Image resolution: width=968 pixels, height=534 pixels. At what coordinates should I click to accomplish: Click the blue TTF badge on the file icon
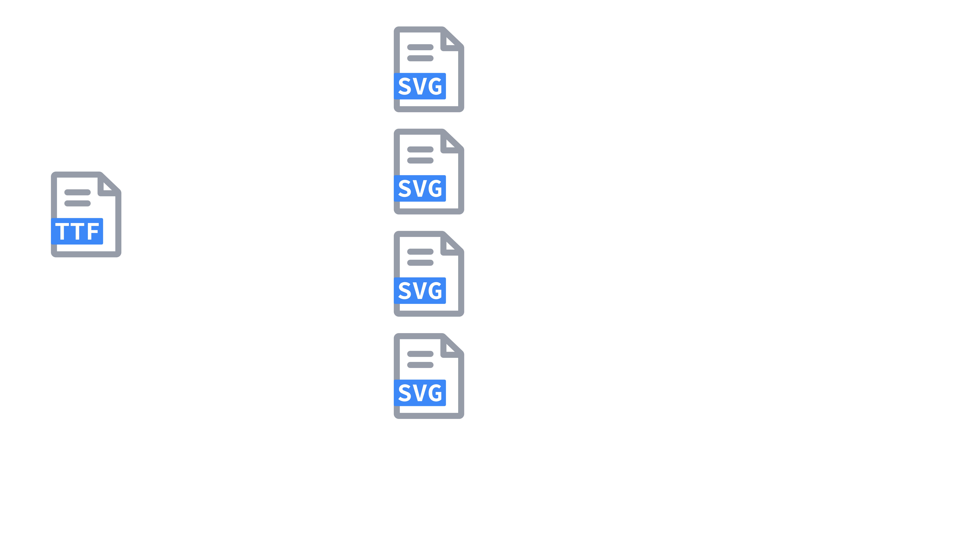click(x=77, y=231)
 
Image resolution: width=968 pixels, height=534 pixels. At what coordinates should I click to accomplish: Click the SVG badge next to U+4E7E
click(x=420, y=86)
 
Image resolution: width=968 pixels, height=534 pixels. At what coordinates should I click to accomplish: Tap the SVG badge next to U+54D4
click(x=420, y=189)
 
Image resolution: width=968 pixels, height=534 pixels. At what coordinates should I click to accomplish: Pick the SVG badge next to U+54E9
click(x=420, y=291)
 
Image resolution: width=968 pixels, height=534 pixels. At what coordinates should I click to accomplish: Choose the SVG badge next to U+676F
click(x=420, y=393)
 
